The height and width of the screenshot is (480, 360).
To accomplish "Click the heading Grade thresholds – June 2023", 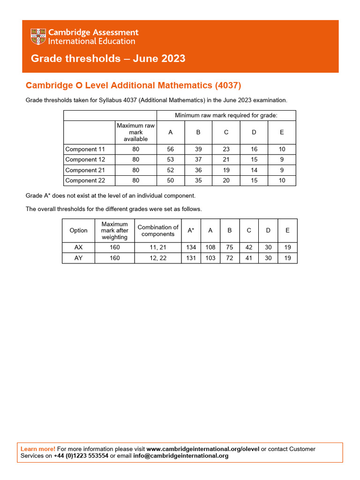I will click(x=108, y=59).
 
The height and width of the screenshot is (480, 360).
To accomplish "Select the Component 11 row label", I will click(x=85, y=149).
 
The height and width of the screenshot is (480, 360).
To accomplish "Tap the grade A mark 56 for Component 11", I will click(x=170, y=149).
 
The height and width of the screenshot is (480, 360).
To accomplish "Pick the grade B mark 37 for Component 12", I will click(x=198, y=159).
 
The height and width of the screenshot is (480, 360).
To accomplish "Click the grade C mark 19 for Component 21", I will click(x=226, y=170).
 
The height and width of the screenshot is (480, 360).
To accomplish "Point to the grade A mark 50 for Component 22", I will click(x=170, y=180).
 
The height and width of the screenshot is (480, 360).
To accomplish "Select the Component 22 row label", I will click(x=85, y=180).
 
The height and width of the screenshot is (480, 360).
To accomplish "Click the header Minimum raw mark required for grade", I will click(x=226, y=115).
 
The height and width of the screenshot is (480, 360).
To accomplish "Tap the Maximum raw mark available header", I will click(x=135, y=132).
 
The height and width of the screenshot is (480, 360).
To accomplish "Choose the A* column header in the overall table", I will click(x=191, y=230).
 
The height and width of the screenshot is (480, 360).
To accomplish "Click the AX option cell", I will click(x=78, y=247).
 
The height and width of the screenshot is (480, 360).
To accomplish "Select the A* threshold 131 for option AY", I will click(x=191, y=258).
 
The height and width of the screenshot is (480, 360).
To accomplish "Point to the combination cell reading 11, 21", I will click(x=157, y=247).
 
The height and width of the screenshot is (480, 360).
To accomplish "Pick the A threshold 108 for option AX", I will click(x=210, y=247).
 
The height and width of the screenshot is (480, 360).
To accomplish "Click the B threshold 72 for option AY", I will click(x=230, y=258).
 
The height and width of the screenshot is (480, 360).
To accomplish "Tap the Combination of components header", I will click(x=157, y=230).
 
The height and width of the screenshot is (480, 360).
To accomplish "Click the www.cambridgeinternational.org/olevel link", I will click(x=203, y=449).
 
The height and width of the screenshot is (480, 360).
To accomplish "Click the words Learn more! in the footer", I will click(x=38, y=449).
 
